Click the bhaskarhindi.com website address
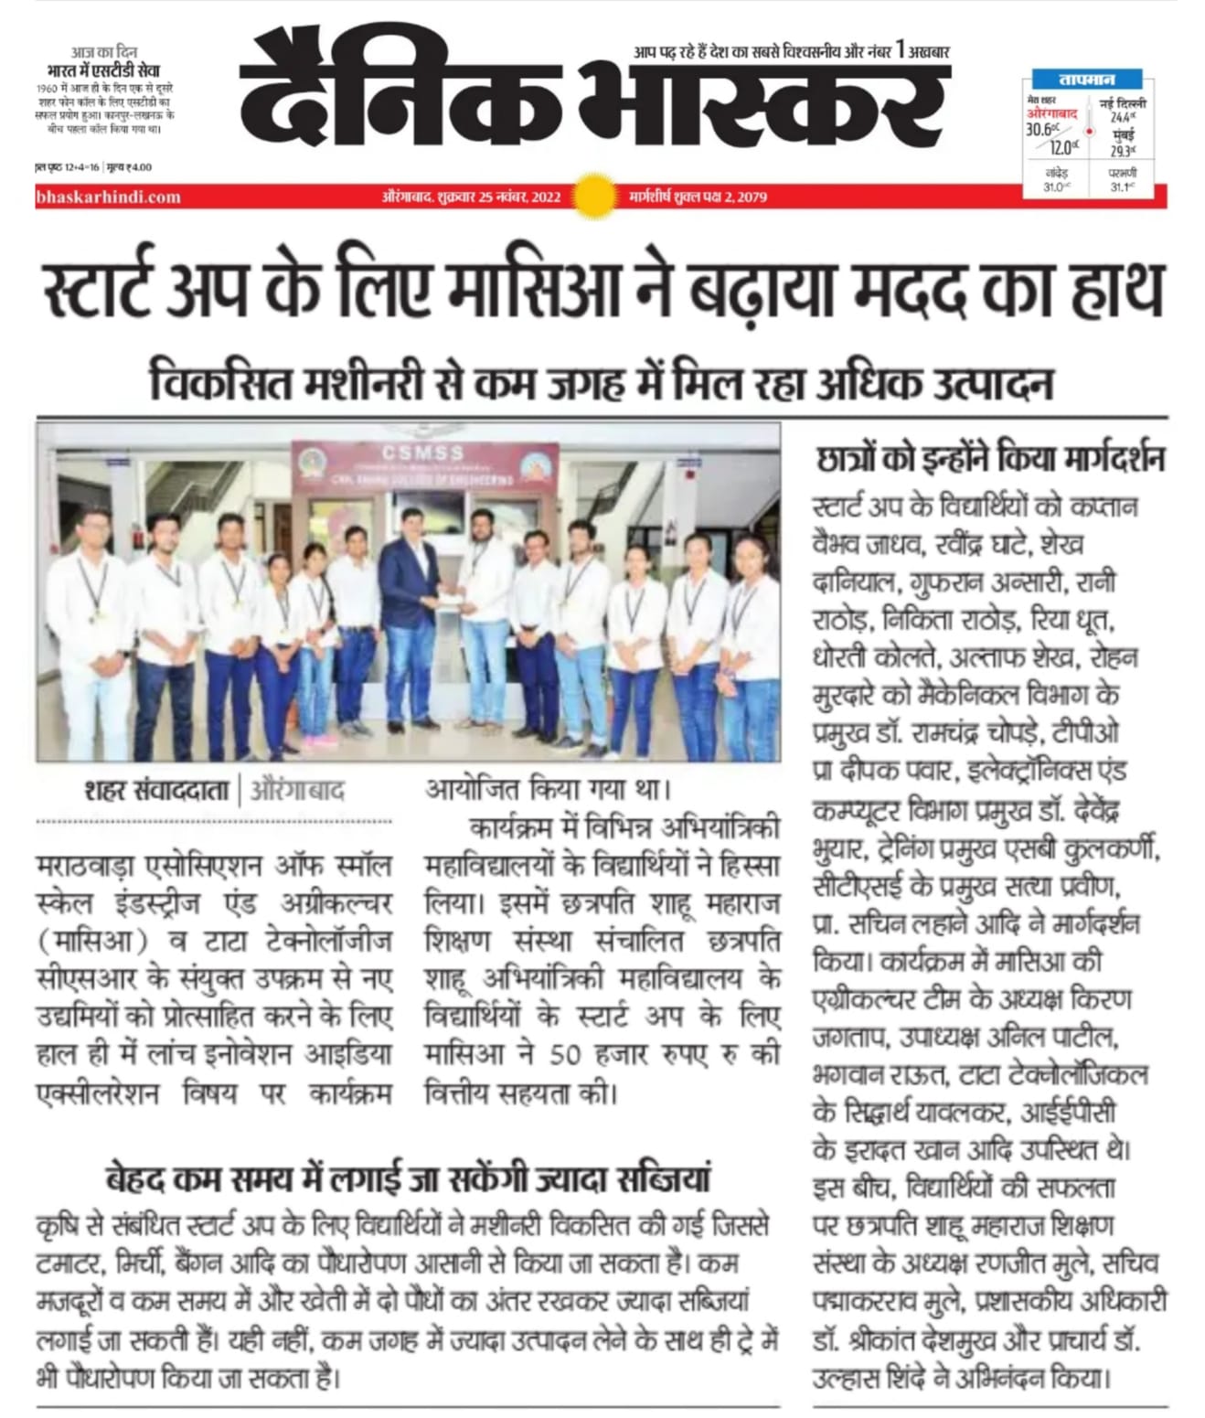pyautogui.click(x=108, y=197)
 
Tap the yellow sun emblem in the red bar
pyautogui.click(x=594, y=195)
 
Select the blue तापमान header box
pyautogui.click(x=1087, y=80)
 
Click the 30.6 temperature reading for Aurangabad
pyautogui.click(x=1039, y=130)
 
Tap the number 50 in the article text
pyautogui.click(x=565, y=1054)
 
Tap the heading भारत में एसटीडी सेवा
pyautogui.click(x=103, y=71)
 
